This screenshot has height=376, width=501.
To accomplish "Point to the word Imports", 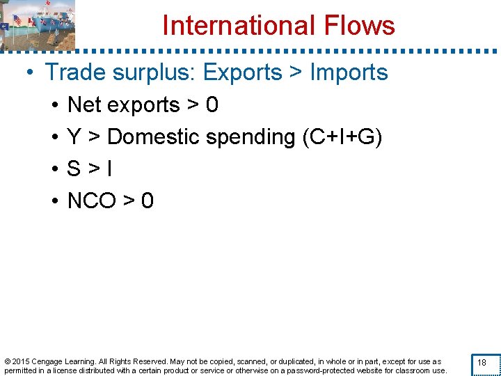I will click(349, 72).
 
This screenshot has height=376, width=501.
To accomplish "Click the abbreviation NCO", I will click(91, 201).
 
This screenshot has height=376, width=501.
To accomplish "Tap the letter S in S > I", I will click(73, 169).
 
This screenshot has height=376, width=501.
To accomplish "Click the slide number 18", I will click(481, 363).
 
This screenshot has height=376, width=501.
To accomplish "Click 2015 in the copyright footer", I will click(22, 361).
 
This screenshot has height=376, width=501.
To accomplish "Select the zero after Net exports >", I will click(212, 105).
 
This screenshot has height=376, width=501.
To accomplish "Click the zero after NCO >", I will click(147, 201).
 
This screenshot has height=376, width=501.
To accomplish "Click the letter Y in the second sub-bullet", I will click(73, 137).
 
